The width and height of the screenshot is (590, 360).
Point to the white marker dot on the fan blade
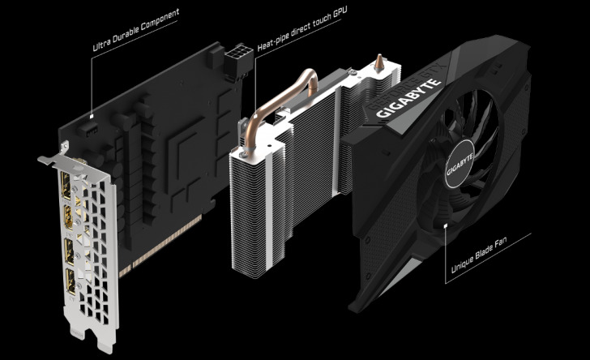pos(447,225)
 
